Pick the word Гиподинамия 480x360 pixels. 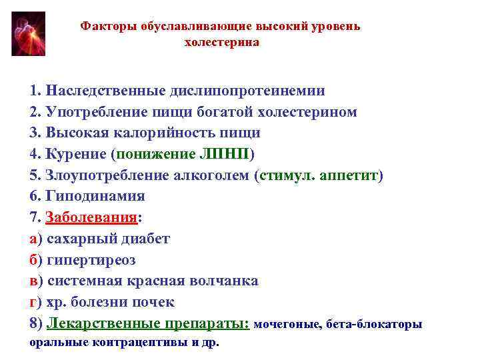tap(95, 196)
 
